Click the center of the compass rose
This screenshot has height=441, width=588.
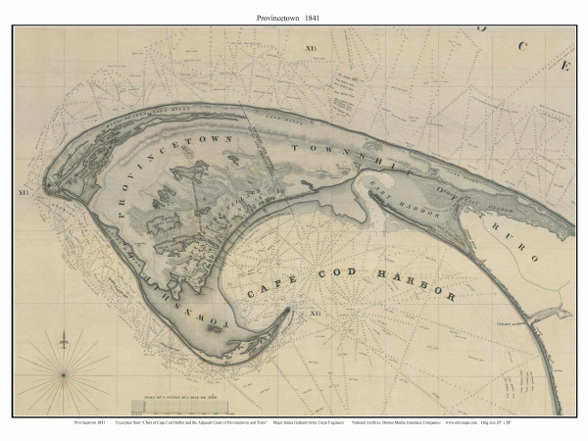(x=63, y=373)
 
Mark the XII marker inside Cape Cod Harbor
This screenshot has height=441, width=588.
(x=316, y=313)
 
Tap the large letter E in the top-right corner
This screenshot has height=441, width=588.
(x=565, y=68)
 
